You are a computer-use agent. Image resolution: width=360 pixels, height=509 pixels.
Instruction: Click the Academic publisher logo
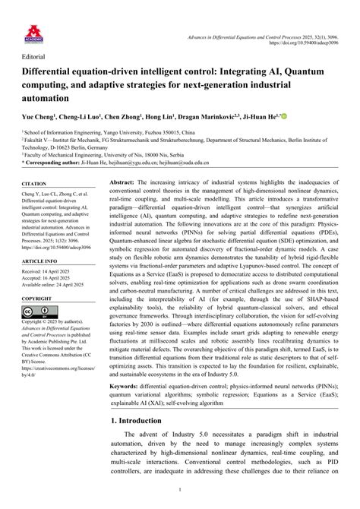(x=33, y=31)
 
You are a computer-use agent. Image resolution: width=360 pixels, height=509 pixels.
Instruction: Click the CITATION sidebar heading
(x=34, y=184)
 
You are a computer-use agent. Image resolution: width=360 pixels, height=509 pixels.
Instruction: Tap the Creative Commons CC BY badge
(x=39, y=311)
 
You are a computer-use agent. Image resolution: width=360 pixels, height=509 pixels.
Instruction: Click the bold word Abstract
(x=122, y=184)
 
